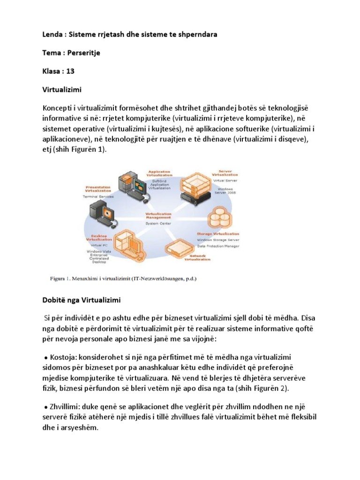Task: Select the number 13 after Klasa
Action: click(x=70, y=71)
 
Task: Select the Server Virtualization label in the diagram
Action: click(x=225, y=173)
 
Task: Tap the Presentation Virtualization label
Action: click(x=98, y=189)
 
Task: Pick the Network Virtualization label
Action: click(x=196, y=257)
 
